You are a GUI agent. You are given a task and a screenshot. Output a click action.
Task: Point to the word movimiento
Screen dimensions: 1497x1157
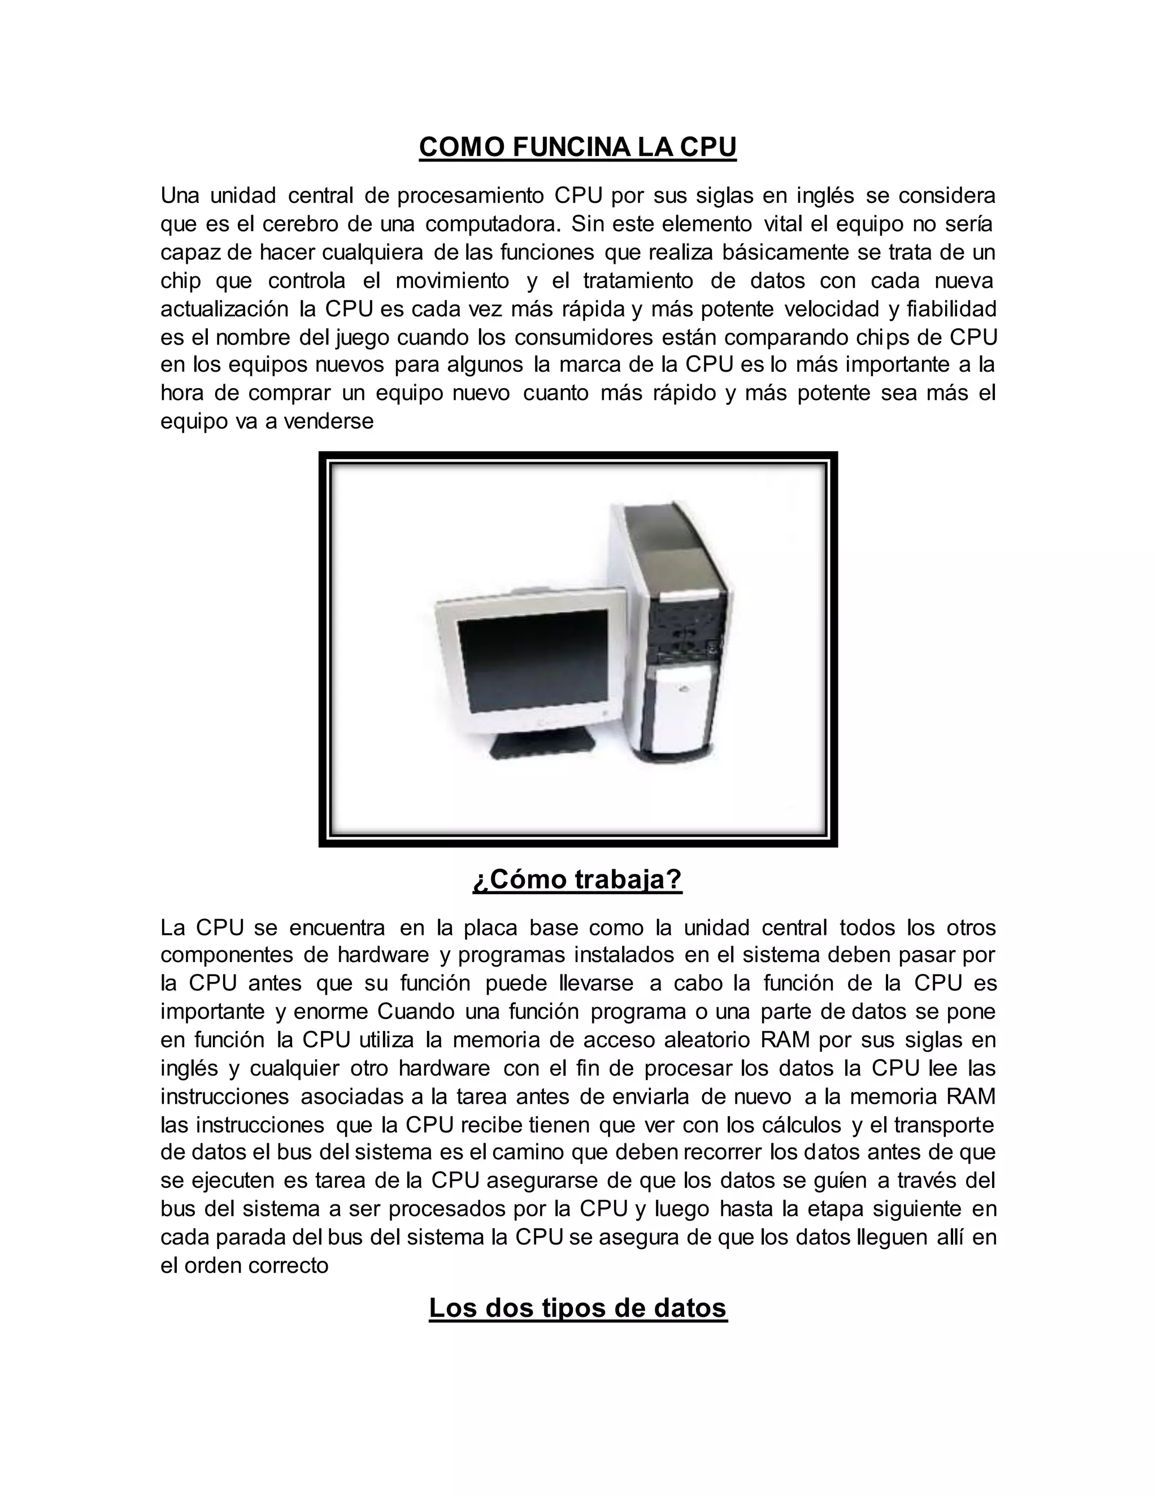coord(453,281)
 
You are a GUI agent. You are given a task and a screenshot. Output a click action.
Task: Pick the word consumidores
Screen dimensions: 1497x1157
coord(585,337)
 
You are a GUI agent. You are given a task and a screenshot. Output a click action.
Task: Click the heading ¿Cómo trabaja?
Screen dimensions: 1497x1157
coord(578,880)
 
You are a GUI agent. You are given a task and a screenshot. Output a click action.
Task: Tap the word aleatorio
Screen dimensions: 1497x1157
coord(707,1040)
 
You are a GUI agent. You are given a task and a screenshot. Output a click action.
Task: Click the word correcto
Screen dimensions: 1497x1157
coord(289,1265)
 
